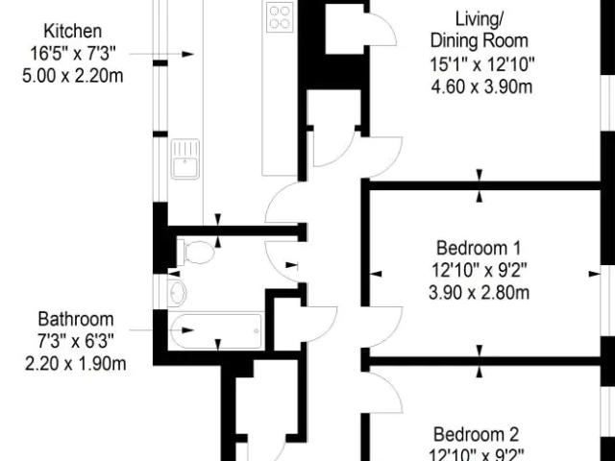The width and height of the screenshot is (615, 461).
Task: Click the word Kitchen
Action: point(73,31)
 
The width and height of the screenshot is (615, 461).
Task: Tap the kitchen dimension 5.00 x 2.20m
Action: point(73,76)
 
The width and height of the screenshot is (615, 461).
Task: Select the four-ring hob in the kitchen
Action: point(280,17)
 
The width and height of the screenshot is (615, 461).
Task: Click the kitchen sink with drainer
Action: point(185,158)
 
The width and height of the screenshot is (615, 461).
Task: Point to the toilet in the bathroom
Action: point(196,252)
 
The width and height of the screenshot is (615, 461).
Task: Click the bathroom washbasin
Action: point(177,292)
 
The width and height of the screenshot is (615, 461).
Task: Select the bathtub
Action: point(215,330)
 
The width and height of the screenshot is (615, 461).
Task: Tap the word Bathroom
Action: point(76,319)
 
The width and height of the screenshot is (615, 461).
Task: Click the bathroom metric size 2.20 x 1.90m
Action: point(76,363)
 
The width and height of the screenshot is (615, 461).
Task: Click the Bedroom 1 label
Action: point(479,248)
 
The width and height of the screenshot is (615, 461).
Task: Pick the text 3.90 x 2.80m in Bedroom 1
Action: point(479,293)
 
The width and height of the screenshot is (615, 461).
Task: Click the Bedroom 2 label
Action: point(477,434)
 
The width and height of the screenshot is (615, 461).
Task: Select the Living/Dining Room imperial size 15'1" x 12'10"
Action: point(482,64)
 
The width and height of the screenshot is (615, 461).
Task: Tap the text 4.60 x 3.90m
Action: point(481,86)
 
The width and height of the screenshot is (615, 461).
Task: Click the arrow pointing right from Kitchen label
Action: point(161,54)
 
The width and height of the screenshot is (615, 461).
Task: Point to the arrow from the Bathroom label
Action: point(161,330)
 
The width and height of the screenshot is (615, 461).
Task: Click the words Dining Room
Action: point(480,40)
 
